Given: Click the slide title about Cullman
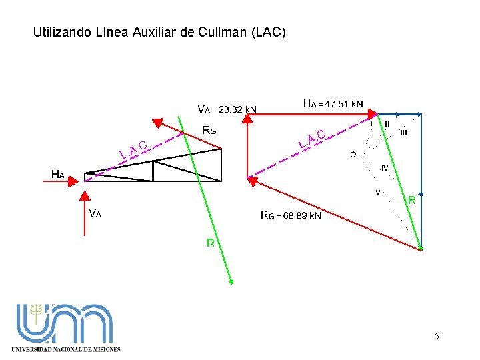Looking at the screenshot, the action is pyautogui.click(x=159, y=31).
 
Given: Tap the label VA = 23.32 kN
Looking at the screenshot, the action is pyautogui.click(x=227, y=109).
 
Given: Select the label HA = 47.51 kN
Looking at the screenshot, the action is pyautogui.click(x=333, y=104).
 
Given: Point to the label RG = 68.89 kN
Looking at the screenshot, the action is pyautogui.click(x=291, y=215).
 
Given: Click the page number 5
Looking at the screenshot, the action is pyautogui.click(x=437, y=336).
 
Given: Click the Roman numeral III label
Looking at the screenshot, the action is pyautogui.click(x=403, y=133).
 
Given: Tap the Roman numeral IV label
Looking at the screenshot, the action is pyautogui.click(x=385, y=167).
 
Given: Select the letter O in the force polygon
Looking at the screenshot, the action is pyautogui.click(x=353, y=155).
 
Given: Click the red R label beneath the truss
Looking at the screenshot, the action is pyautogui.click(x=210, y=243).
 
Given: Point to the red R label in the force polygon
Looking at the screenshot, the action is pyautogui.click(x=412, y=200).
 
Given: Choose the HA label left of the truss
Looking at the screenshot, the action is pyautogui.click(x=58, y=175).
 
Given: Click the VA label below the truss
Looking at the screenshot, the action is pyautogui.click(x=95, y=213).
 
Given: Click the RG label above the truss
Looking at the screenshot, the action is pyautogui.click(x=209, y=131).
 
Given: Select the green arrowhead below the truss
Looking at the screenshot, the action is pyautogui.click(x=231, y=281).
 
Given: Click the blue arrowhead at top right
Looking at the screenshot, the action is pyautogui.click(x=420, y=115).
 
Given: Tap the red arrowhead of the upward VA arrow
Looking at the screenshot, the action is pyautogui.click(x=85, y=195).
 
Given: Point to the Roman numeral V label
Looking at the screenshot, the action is pyautogui.click(x=378, y=193).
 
